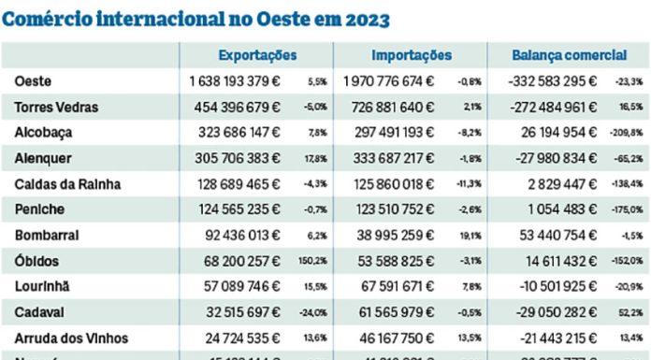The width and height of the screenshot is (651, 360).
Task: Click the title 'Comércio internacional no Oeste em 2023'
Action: (196, 18)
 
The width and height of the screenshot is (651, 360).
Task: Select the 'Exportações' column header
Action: (257, 56)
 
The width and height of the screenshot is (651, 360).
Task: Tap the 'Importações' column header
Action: (412, 56)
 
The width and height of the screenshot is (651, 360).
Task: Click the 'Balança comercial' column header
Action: (570, 56)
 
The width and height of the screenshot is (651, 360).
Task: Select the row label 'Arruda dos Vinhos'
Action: (71, 338)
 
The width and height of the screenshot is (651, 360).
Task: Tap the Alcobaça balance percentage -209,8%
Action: (626, 134)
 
